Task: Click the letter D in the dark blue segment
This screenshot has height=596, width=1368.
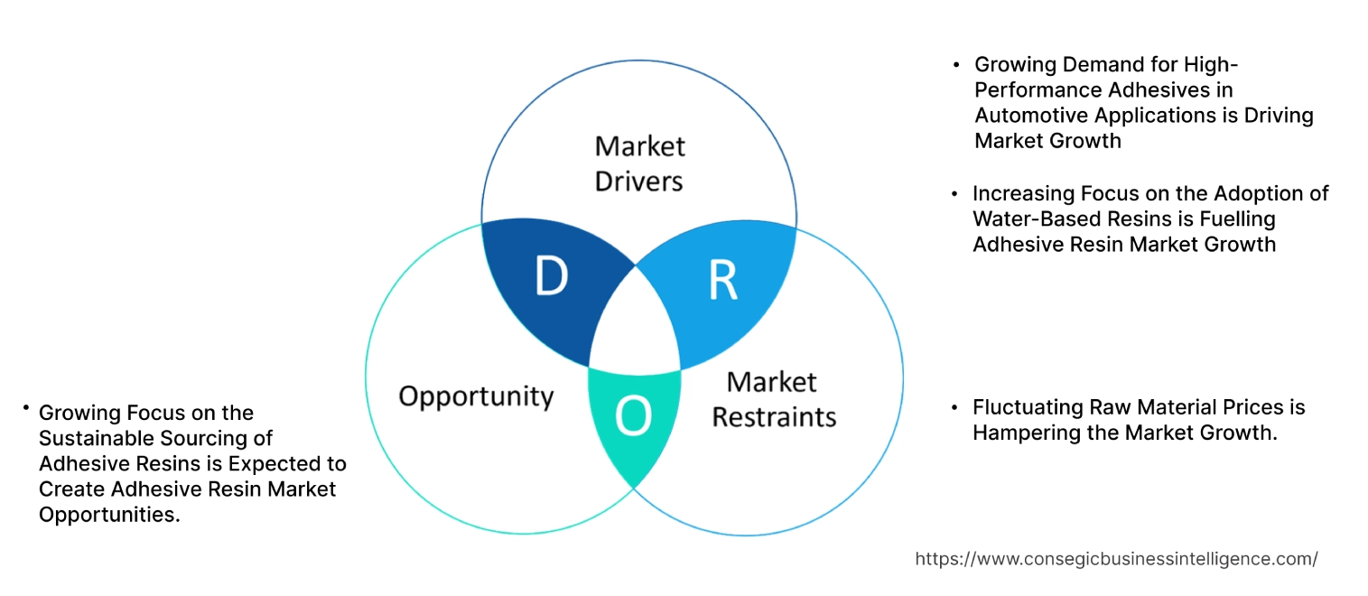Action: (551, 277)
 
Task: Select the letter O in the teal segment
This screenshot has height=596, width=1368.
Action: (632, 415)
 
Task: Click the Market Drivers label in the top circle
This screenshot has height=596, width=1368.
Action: (639, 163)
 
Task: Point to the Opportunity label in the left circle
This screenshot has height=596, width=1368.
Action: (476, 396)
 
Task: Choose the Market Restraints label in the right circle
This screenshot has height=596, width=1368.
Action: (774, 399)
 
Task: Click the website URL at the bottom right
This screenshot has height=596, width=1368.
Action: (1116, 559)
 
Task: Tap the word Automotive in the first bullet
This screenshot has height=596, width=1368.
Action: (1033, 116)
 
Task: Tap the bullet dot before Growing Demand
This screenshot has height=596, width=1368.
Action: (956, 66)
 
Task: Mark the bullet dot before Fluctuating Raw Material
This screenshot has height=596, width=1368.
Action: (954, 408)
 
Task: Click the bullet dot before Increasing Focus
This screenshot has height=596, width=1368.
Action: (954, 194)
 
